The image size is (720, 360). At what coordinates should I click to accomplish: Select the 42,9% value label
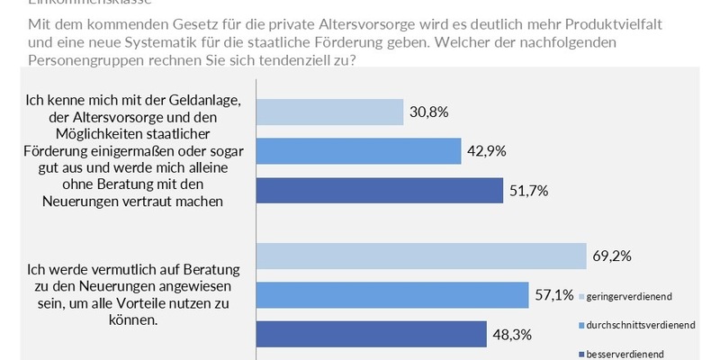[487, 151]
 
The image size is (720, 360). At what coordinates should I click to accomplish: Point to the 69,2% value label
[612, 256]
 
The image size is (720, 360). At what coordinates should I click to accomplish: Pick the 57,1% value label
[553, 294]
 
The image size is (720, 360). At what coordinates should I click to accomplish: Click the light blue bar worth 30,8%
[330, 112]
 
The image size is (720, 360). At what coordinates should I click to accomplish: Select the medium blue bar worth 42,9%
[359, 151]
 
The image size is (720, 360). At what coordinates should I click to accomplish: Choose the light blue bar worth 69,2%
[422, 256]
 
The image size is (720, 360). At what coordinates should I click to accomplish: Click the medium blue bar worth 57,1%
[393, 294]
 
